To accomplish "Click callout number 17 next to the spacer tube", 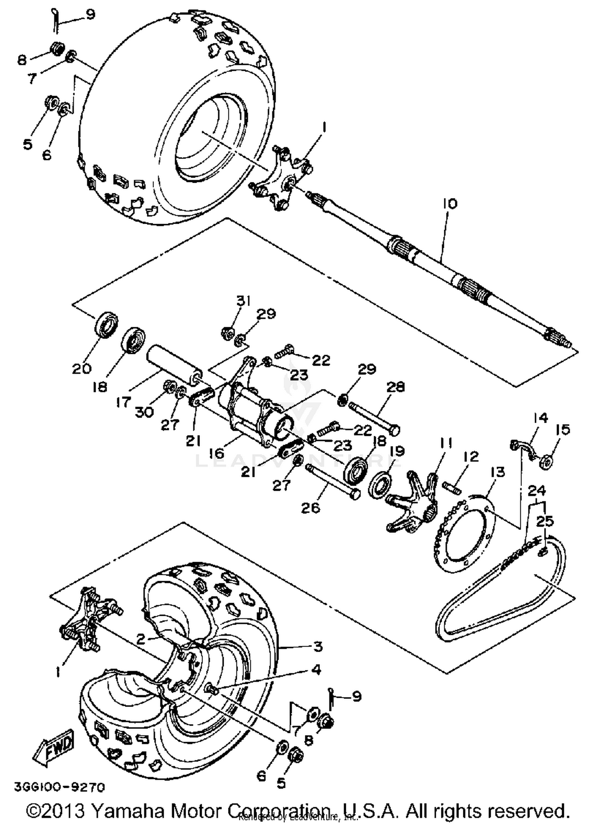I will pos(124,402).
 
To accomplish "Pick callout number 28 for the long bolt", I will pos(395,387).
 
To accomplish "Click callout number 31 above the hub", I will pos(244,301).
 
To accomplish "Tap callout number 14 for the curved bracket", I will pos(540,418).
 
